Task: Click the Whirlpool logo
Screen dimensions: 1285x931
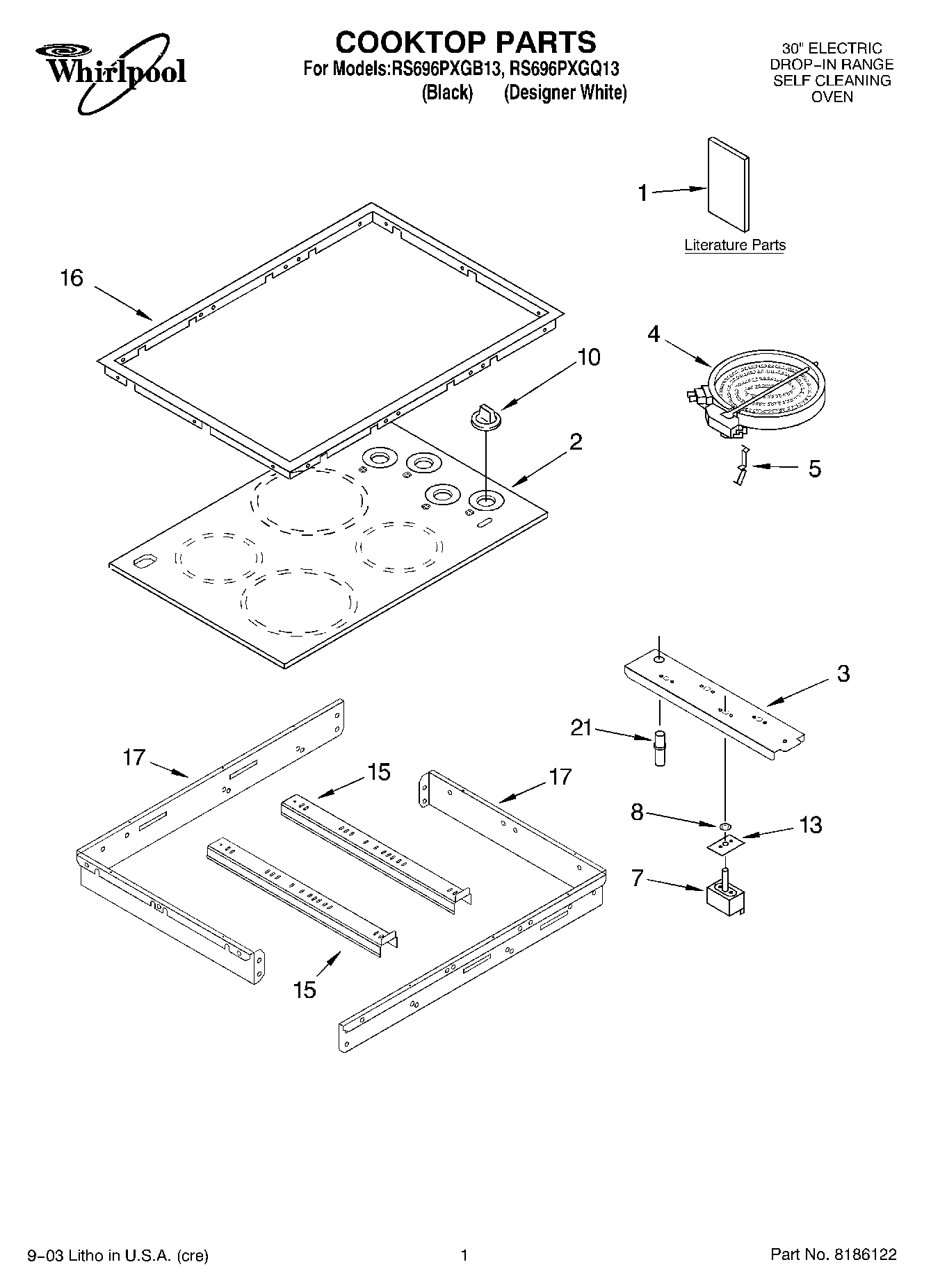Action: pos(111,72)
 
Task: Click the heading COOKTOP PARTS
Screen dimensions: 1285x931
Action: pos(465,42)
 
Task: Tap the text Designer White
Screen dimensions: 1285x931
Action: pos(565,92)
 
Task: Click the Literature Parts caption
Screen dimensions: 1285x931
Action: pos(735,245)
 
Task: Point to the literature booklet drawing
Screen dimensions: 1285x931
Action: pos(729,183)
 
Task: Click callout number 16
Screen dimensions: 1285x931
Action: pos(72,278)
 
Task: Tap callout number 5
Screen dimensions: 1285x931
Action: pos(814,468)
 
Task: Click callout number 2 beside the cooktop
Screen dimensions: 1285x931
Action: pos(576,441)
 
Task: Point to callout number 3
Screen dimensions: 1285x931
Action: pos(843,673)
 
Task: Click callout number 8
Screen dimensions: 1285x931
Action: pos(637,812)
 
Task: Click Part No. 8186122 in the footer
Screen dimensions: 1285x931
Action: pos(833,1254)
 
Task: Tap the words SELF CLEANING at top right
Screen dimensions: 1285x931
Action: pos(832,81)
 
